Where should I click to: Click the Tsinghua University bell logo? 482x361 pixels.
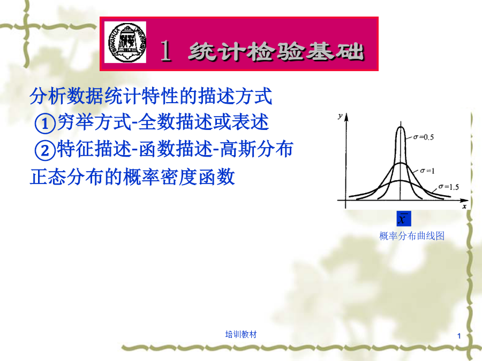(125, 42)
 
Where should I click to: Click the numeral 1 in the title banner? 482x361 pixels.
(165, 50)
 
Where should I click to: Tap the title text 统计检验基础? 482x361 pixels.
(276, 51)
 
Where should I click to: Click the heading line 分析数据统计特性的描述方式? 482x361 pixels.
(151, 96)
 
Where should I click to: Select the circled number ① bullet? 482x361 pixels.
(45, 124)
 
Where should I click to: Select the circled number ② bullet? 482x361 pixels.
(45, 150)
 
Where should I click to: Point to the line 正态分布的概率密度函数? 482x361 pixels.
(132, 177)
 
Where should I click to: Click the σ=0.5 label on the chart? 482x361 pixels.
(423, 137)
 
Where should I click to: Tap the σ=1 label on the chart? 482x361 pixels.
(427, 171)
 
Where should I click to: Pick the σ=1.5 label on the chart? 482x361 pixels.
(448, 187)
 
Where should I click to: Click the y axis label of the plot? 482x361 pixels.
(340, 116)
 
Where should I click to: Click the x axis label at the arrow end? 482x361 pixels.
(464, 206)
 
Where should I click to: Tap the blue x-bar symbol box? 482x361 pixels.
(404, 219)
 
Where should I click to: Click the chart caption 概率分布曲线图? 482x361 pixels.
(412, 236)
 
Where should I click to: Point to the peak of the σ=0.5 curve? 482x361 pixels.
(401, 126)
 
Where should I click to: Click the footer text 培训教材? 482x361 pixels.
(240, 334)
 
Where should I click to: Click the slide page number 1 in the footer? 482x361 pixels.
(459, 336)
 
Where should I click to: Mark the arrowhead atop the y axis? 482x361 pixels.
(346, 117)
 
